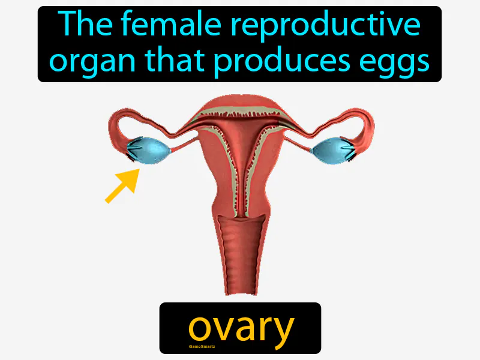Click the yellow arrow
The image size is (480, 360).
pos(122,185)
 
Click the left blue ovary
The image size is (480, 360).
pos(150,150)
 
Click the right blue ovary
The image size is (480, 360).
pos(329,150)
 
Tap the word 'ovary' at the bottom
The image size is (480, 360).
pos(241,328)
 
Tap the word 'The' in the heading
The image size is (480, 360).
pos(80,25)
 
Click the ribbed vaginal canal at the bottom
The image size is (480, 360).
pos(241,258)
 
